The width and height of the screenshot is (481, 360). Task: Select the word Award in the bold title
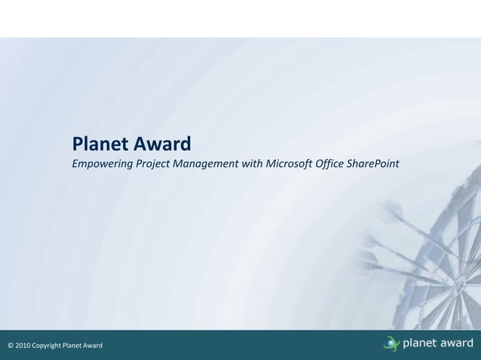pyautogui.click(x=161, y=143)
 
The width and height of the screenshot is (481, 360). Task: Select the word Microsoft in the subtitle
pyautogui.click(x=288, y=163)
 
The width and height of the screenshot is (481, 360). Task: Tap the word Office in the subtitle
pyautogui.click(x=330, y=163)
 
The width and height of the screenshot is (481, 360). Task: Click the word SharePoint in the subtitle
pyautogui.click(x=373, y=163)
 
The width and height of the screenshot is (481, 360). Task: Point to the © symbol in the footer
pyautogui.click(x=11, y=346)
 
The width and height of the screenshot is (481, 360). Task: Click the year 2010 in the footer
pyautogui.click(x=23, y=346)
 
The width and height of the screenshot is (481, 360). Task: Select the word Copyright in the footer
pyautogui.click(x=47, y=346)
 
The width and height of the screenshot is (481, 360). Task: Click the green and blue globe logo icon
pyautogui.click(x=391, y=344)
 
